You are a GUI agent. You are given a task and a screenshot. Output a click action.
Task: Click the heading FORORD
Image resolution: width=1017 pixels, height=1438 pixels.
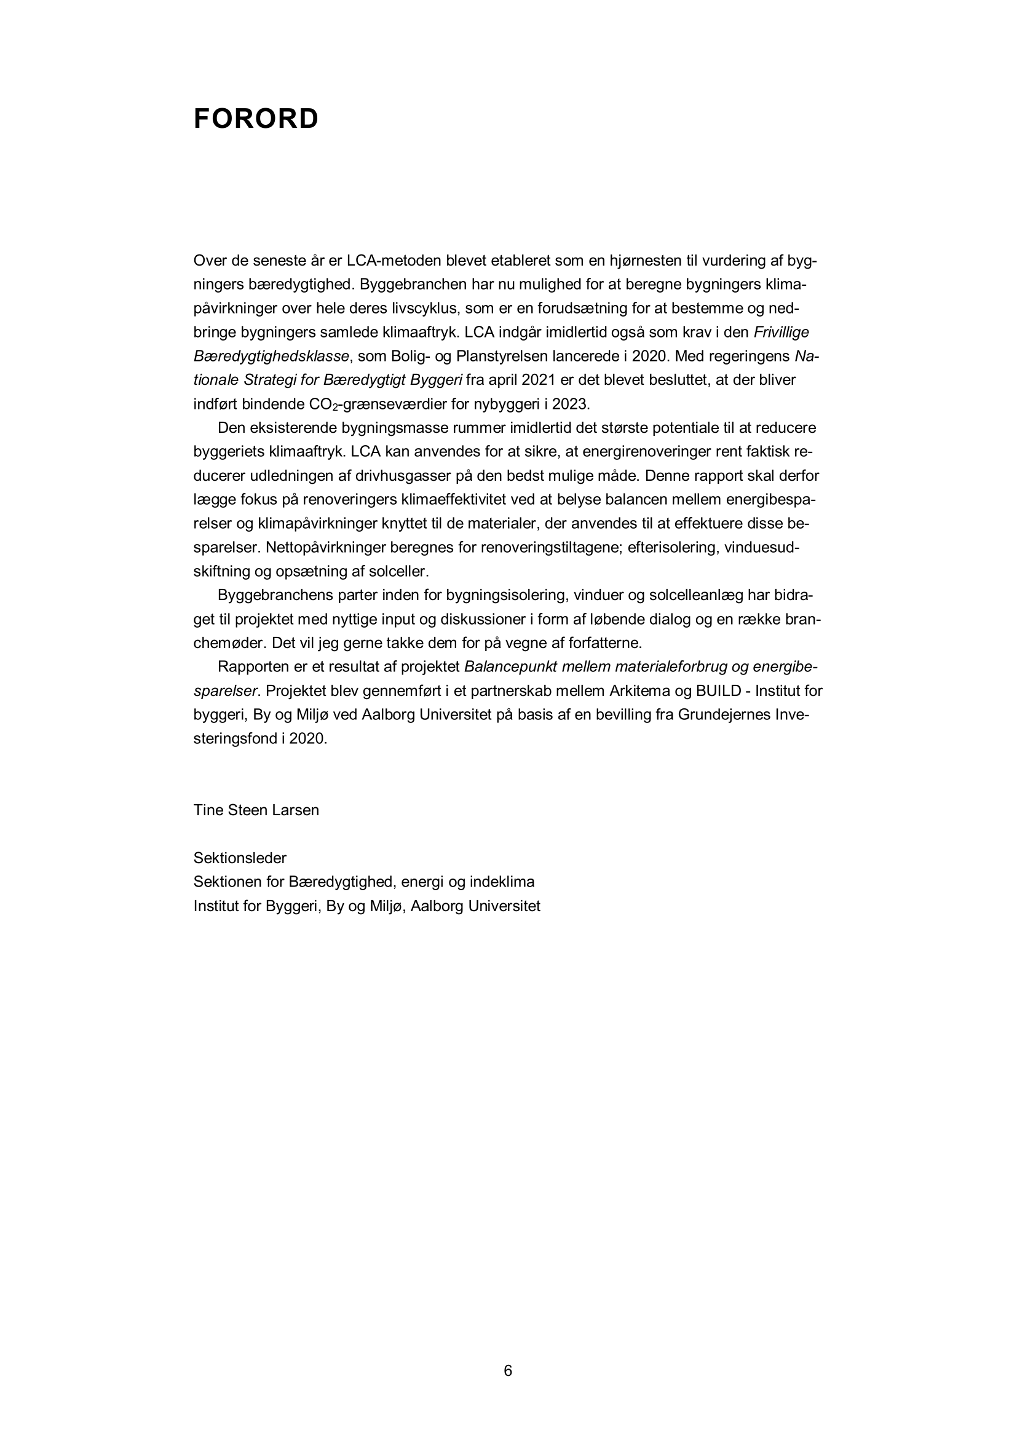pyautogui.click(x=256, y=119)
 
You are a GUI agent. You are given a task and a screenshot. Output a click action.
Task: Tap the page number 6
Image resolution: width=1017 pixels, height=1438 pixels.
pyautogui.click(x=508, y=1371)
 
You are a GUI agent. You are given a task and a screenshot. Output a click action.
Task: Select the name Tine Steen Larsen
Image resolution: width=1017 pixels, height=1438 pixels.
pyautogui.click(x=256, y=810)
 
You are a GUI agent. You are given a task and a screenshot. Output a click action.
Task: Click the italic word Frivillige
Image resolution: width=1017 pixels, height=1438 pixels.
pyautogui.click(x=781, y=332)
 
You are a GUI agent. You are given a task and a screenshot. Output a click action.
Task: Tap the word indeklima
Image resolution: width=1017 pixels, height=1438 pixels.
pyautogui.click(x=504, y=882)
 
